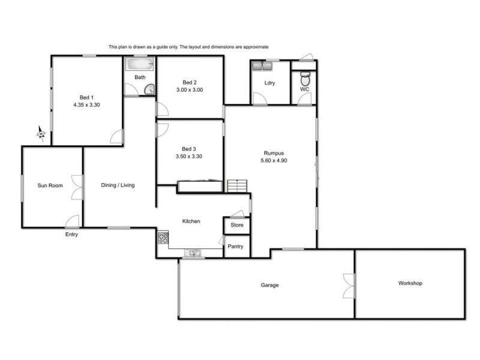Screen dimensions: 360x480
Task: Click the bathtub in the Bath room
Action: [139, 64]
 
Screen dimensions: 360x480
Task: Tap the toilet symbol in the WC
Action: [305, 79]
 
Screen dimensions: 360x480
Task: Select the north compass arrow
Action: [41, 133]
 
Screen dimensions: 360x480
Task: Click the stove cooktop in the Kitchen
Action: [163, 239]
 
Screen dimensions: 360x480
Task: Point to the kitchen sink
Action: [194, 253]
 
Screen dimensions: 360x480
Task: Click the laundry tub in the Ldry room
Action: [263, 65]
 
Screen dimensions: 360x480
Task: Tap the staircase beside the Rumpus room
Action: [238, 186]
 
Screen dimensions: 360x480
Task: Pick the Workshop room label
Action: [410, 283]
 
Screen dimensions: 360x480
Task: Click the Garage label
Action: [269, 285]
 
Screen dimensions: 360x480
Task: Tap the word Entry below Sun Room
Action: [71, 235]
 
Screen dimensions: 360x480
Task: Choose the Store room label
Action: [237, 225]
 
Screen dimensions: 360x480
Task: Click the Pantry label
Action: [236, 247]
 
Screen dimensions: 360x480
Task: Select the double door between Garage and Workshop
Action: [349, 285]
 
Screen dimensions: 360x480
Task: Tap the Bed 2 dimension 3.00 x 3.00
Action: [190, 90]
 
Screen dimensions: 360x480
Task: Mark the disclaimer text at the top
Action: [188, 46]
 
